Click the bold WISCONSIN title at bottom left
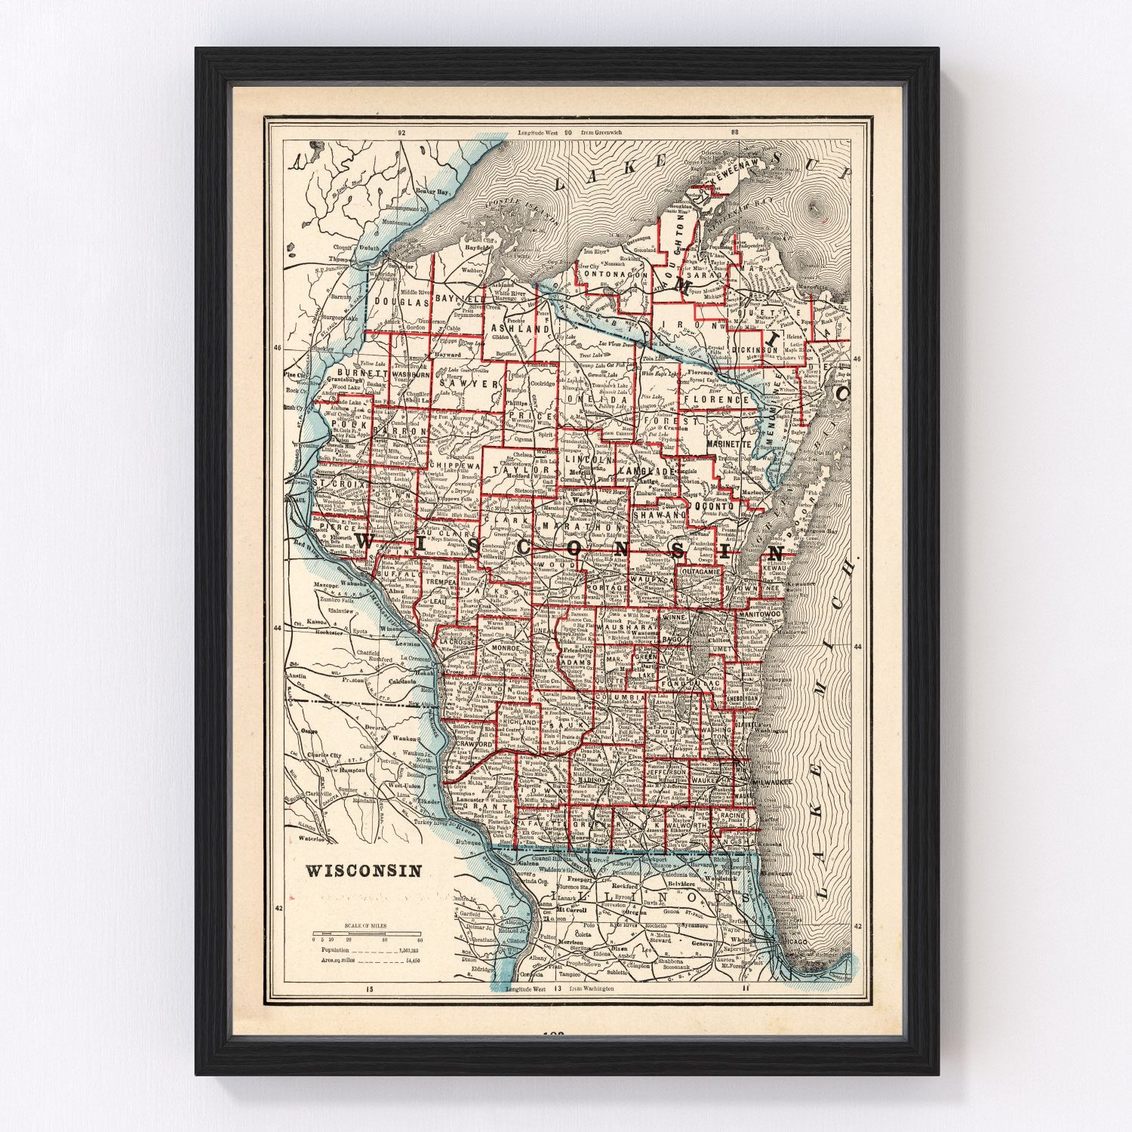[x=363, y=871]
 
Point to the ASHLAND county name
[x=520, y=329]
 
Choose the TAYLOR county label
[x=514, y=469]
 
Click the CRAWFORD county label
[x=472, y=744]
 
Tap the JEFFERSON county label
[x=666, y=772]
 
